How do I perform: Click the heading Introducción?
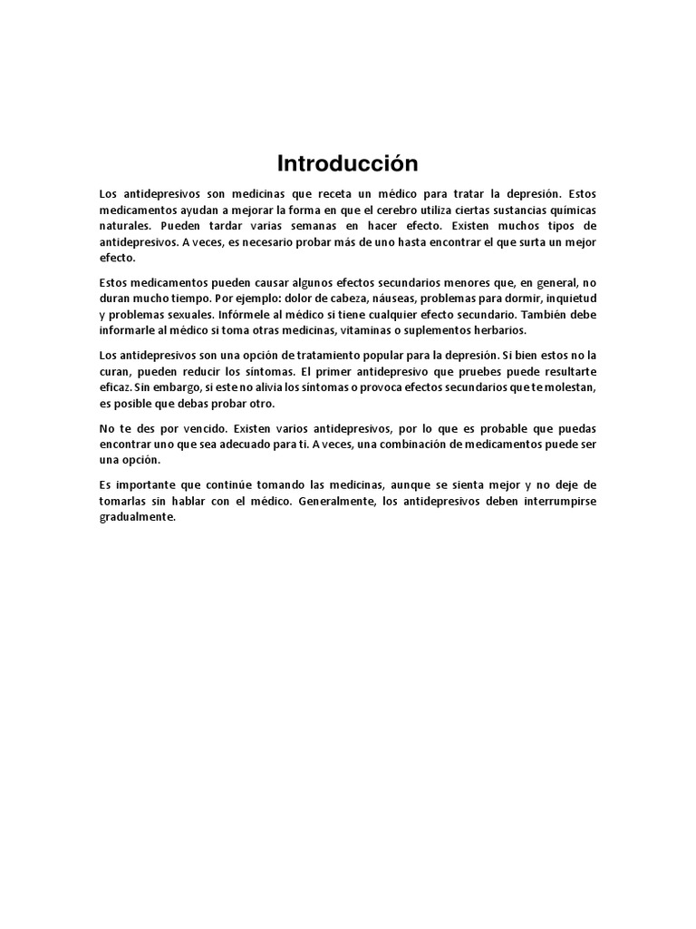point(348,164)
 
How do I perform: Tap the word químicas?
point(574,210)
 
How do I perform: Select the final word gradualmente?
point(137,518)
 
